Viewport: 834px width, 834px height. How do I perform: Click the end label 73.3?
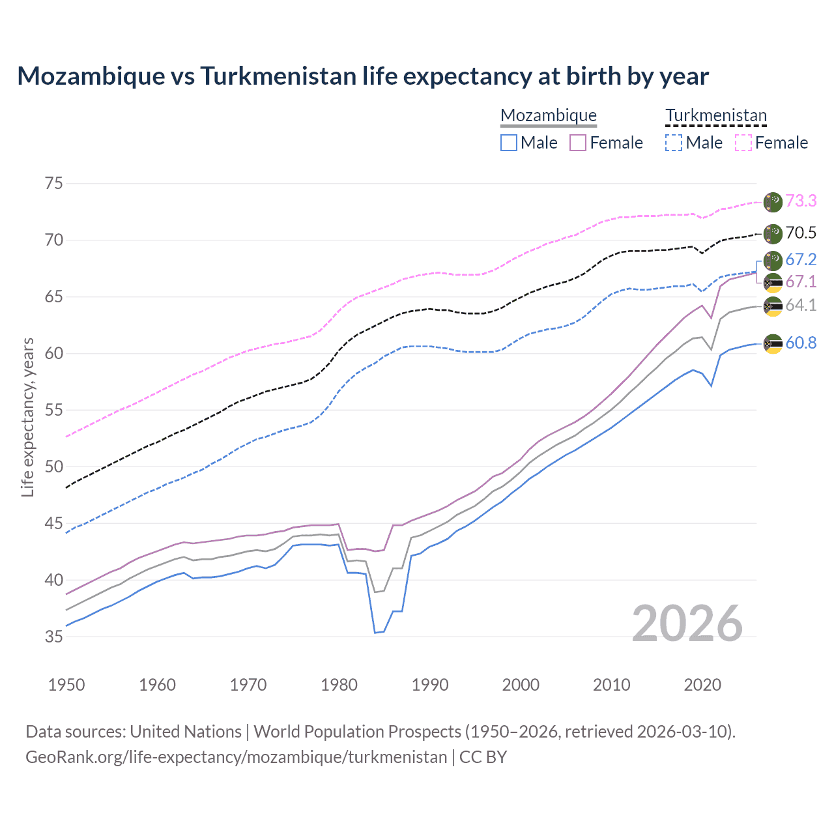click(x=801, y=201)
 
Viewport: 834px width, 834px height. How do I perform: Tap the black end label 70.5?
click(x=801, y=233)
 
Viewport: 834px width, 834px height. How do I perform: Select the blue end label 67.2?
click(x=801, y=260)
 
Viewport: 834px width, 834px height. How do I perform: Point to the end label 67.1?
click(x=801, y=282)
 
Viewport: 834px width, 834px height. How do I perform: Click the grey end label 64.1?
click(x=801, y=306)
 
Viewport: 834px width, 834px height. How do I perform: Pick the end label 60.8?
click(x=801, y=343)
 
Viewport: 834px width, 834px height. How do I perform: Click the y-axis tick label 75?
click(x=54, y=184)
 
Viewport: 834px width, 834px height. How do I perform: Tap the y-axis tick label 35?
click(x=54, y=637)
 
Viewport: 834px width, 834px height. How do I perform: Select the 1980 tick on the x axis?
click(x=339, y=685)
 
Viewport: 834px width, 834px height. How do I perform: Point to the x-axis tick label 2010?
click(x=611, y=685)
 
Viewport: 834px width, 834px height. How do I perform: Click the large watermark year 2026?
click(x=687, y=624)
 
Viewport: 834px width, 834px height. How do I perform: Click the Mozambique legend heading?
click(x=549, y=116)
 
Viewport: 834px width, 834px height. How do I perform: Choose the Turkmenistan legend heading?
click(x=716, y=116)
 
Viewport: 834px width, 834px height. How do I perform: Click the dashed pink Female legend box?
click(x=743, y=143)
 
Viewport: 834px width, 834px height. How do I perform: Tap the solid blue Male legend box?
click(x=509, y=143)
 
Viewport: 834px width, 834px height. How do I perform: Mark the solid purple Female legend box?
click(x=578, y=143)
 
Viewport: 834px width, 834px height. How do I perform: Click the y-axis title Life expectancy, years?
click(x=27, y=417)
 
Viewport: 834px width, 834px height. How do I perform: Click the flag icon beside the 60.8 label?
click(x=773, y=344)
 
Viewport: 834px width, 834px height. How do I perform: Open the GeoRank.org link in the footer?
click(x=236, y=757)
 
